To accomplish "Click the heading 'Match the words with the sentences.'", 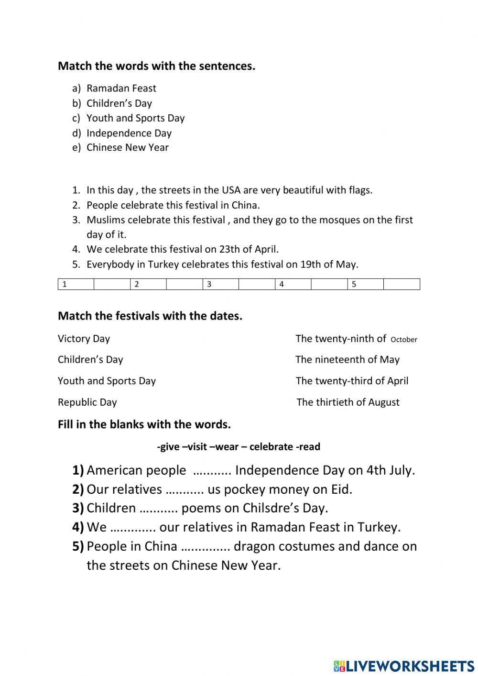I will click(x=156, y=66).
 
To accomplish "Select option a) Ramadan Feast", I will click(x=121, y=88).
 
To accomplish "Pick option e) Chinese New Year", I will click(x=127, y=147).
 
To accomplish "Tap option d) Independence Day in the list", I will click(x=129, y=133).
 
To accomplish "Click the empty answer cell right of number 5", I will click(x=402, y=284).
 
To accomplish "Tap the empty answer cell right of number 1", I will click(x=112, y=284).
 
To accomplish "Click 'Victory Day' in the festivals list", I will click(x=84, y=339).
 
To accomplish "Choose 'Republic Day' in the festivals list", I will click(x=87, y=402).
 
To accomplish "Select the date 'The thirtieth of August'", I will click(x=348, y=402).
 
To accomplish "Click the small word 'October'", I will click(x=404, y=340).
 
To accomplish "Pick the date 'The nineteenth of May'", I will click(x=348, y=360).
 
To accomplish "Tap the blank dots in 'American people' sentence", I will click(x=212, y=471).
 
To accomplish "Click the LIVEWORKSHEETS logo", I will click(x=404, y=665).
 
